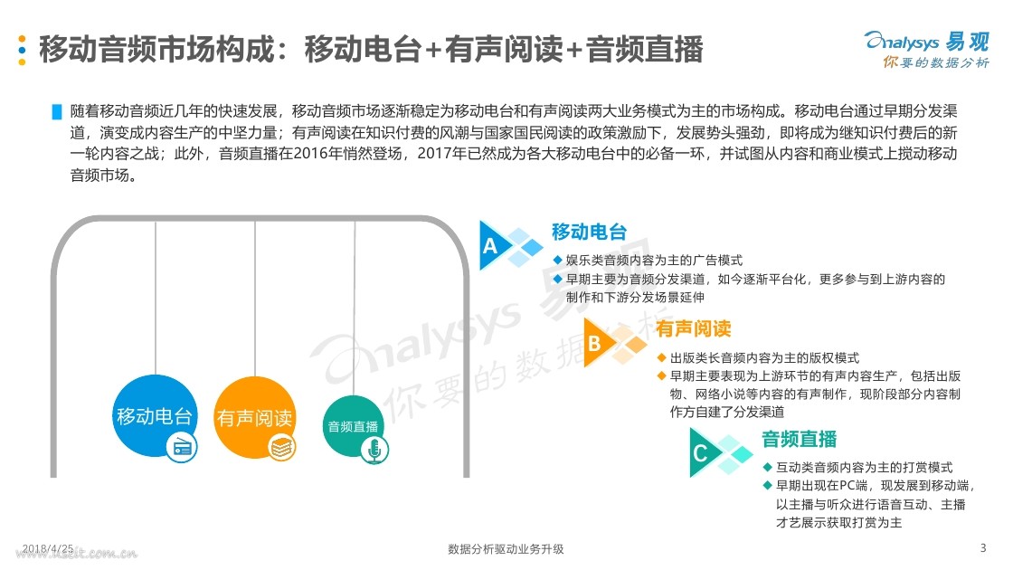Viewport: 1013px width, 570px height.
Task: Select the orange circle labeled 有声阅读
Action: tap(254, 418)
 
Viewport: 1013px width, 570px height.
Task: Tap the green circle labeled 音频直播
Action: tap(354, 427)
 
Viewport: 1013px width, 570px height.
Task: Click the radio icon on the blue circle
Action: tap(182, 445)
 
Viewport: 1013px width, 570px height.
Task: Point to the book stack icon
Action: tap(280, 446)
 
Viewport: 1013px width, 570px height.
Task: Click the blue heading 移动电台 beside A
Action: tap(589, 232)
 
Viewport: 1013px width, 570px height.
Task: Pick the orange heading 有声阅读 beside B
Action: tap(694, 328)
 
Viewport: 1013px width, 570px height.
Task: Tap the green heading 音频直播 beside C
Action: tap(800, 440)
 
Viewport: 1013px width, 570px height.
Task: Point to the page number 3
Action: tap(983, 548)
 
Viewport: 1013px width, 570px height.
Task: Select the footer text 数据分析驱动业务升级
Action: tap(506, 549)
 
